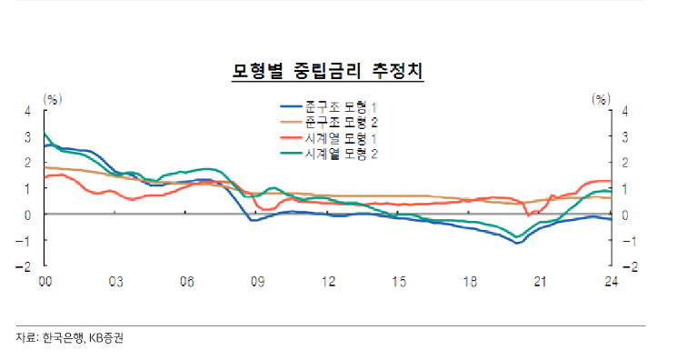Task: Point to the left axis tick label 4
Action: click(x=27, y=111)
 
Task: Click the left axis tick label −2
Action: click(x=25, y=267)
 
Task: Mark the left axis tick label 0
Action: click(x=27, y=215)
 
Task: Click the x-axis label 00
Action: click(x=45, y=283)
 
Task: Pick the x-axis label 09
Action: click(x=257, y=283)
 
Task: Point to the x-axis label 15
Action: click(x=399, y=283)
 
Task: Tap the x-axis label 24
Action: click(x=612, y=283)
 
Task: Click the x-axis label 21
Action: click(x=541, y=283)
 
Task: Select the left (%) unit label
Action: click(x=53, y=97)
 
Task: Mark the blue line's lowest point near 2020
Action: click(x=517, y=244)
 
